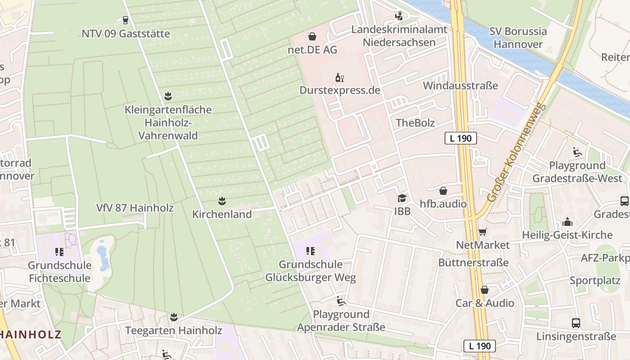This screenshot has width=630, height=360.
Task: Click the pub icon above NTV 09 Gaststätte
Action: [125, 20]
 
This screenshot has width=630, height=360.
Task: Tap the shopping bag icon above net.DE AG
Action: [312, 36]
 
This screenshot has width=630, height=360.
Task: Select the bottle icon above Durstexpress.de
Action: [339, 77]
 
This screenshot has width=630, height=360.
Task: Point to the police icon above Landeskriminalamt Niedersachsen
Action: [399, 16]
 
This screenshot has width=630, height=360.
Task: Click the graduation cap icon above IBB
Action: [401, 198]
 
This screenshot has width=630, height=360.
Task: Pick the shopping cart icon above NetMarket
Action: [482, 232]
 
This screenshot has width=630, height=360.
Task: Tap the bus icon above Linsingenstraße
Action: [576, 323]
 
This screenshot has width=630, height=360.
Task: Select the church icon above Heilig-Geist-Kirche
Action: [567, 222]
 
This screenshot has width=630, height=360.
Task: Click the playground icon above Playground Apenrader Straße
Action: [341, 301]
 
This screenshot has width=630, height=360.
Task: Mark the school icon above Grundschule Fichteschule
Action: [59, 252]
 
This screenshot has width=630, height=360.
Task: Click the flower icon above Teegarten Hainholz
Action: [174, 317]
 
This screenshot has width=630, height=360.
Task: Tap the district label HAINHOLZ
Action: [31, 334]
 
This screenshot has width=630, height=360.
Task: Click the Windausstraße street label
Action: [460, 85]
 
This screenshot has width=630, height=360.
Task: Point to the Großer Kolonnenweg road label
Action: [516, 153]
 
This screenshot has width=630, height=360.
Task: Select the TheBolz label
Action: [415, 123]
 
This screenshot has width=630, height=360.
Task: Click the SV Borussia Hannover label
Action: [518, 38]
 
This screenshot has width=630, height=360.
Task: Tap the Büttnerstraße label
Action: [473, 262]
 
